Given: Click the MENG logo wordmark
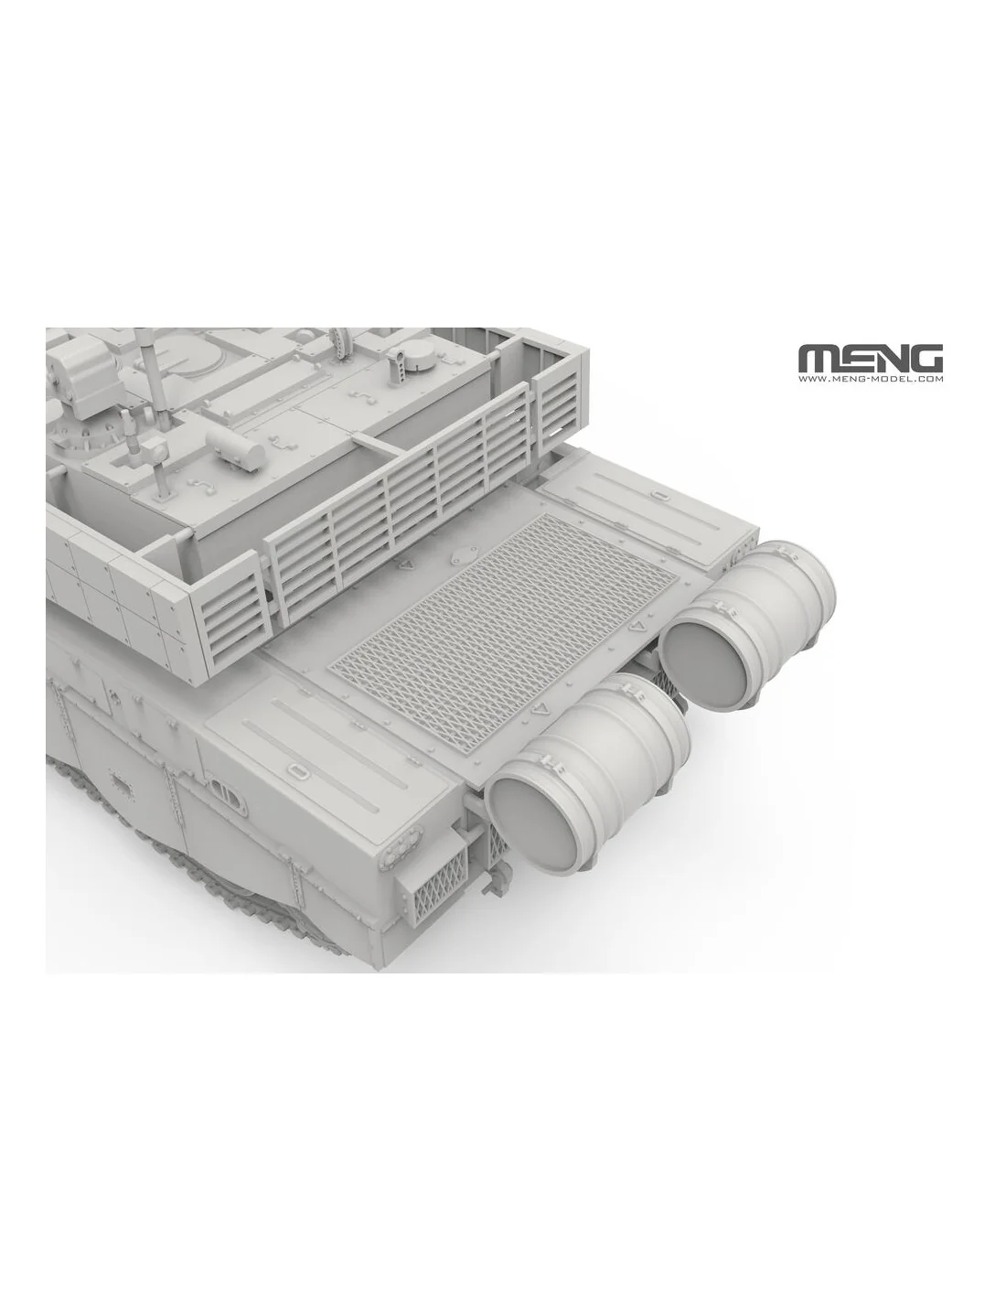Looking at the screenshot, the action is (871, 359).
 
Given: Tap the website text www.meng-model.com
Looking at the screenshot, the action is (871, 379).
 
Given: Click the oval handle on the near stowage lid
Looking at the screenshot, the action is (296, 770).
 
